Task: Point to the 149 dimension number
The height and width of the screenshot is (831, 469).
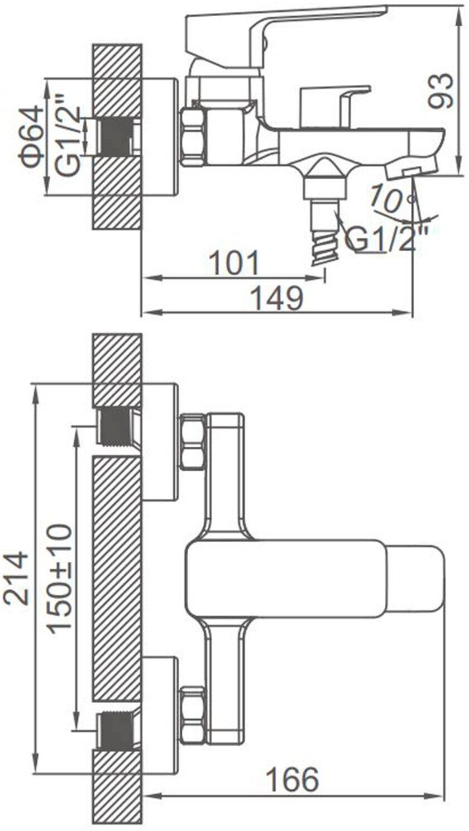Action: [277, 297]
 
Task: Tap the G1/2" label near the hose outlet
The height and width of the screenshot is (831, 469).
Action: [387, 239]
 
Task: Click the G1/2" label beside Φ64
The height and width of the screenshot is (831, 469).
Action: [68, 136]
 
